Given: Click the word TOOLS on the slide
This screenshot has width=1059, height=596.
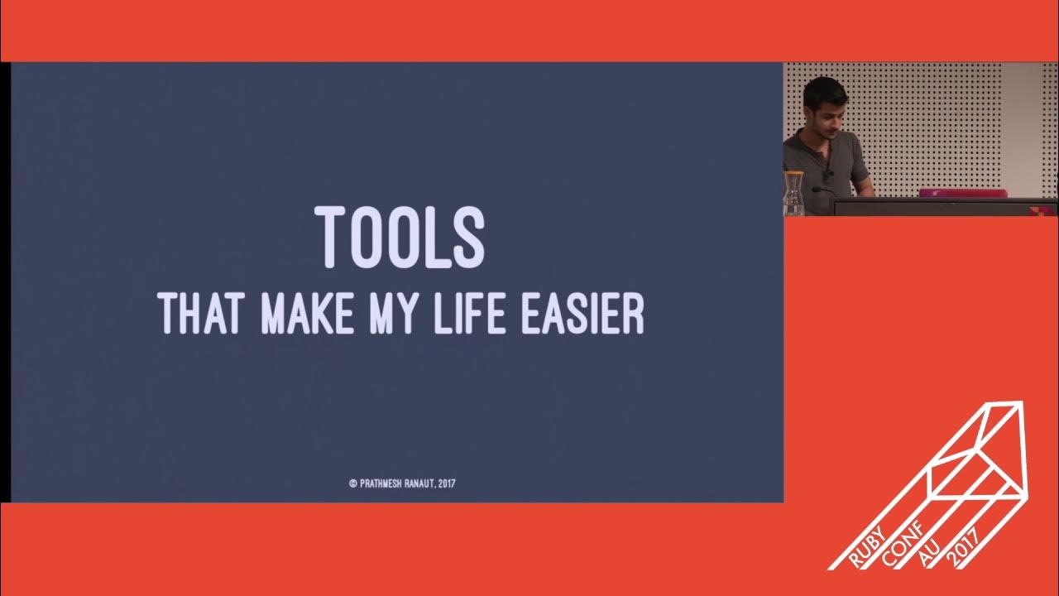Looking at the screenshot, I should coord(400,238).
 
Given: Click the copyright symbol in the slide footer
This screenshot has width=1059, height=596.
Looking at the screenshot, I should coord(353,483).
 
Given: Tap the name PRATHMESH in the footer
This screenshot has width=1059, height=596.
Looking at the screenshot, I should coord(382,483).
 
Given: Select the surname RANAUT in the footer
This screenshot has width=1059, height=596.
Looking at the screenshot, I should coord(421,483).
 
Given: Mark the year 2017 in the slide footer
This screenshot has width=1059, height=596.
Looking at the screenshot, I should coord(448,483).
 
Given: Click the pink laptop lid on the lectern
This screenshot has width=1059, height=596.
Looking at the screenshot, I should coord(962,193).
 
